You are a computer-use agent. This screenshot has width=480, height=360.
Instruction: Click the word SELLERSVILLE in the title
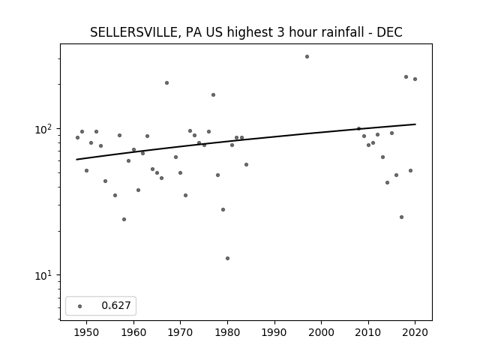click(x=133, y=32)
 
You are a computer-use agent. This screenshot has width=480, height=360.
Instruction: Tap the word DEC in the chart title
click(x=389, y=32)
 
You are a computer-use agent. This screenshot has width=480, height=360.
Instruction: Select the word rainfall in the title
click(x=343, y=32)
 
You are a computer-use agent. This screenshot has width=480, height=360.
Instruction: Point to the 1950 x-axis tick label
click(x=87, y=332)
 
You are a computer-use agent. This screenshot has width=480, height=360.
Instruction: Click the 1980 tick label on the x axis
click(x=227, y=332)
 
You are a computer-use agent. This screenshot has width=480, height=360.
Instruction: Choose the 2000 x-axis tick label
click(x=322, y=332)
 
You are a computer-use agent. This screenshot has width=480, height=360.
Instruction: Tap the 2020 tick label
click(x=415, y=332)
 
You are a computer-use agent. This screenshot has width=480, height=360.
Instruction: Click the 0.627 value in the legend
click(x=116, y=305)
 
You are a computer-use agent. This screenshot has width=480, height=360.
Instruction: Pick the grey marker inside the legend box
click(x=80, y=306)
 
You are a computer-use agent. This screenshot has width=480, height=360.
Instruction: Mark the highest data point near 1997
click(x=307, y=57)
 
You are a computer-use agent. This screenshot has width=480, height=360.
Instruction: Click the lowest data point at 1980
click(x=227, y=258)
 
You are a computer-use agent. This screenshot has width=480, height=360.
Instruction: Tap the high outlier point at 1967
click(x=166, y=83)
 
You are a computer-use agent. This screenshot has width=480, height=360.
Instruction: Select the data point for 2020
click(x=415, y=79)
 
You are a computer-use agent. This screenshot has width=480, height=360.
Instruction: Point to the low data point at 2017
click(x=402, y=217)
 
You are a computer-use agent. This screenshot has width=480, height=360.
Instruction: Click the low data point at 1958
click(x=124, y=220)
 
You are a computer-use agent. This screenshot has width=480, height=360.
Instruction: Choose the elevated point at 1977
click(x=213, y=95)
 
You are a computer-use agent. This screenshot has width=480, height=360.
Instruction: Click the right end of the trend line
click(x=415, y=124)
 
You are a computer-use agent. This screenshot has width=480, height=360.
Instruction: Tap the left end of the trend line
click(x=76, y=160)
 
